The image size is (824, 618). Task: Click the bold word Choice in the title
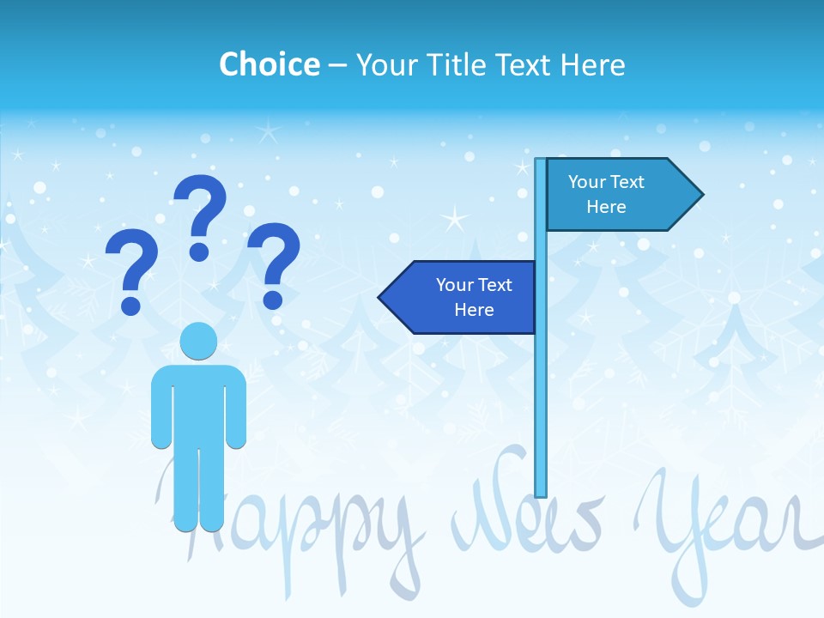[269, 64]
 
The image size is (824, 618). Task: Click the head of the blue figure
[198, 342]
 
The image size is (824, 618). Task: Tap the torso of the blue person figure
[198, 403]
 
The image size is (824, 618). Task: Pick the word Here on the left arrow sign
[474, 310]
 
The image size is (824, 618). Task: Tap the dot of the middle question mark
[199, 251]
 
